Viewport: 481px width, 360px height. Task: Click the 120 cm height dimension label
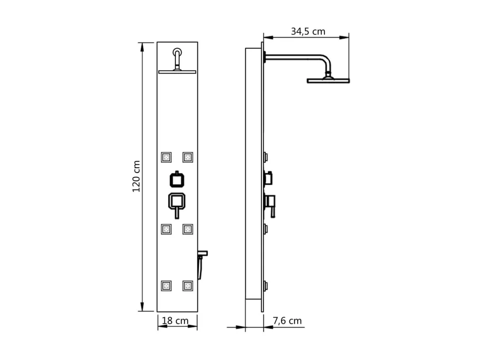136,177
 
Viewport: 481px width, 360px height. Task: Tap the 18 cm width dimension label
175,321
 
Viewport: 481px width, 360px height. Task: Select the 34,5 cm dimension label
308,31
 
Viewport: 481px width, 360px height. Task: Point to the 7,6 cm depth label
287,321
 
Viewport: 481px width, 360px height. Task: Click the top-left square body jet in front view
166,157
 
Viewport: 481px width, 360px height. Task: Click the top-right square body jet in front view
188,157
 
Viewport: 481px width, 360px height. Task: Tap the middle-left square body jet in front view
166,229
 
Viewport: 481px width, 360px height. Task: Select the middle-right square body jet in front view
188,229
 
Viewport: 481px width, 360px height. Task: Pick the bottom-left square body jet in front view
166,286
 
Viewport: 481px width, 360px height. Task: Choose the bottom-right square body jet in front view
188,286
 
